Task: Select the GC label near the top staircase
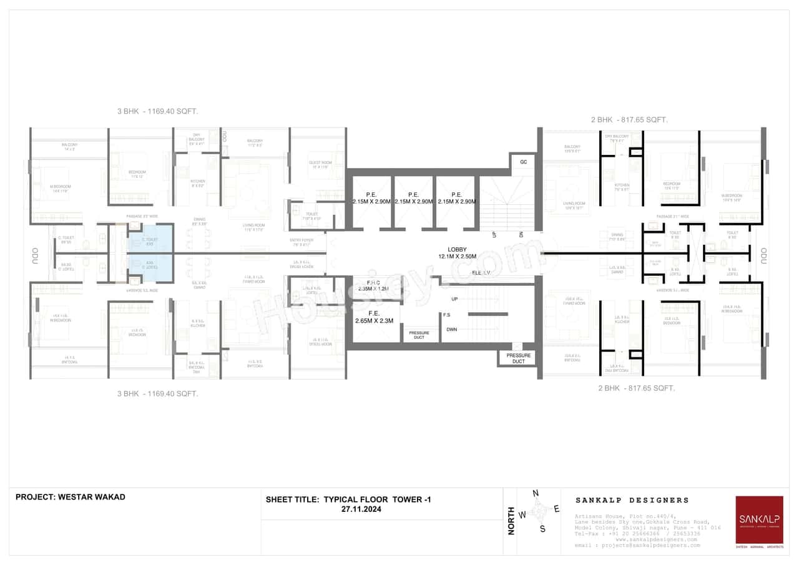coord(523,161)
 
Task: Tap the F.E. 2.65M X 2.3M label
coord(374,317)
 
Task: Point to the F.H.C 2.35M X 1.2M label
coord(373,285)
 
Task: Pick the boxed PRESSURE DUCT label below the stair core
coord(519,358)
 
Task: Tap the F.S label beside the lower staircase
coord(447,315)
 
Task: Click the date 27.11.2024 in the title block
coord(361,509)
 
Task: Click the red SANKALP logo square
coord(759,519)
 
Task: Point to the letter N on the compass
coord(535,493)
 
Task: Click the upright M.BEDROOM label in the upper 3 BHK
coord(61,187)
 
